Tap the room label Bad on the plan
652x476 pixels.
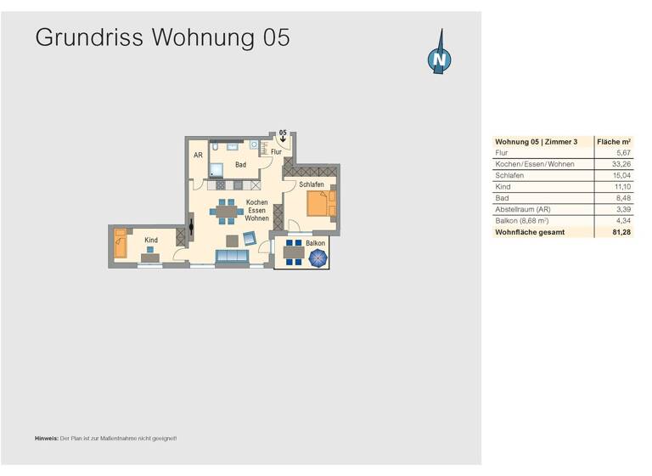pos(240,165)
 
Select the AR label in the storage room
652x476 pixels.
pos(198,156)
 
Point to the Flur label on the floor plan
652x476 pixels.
pos(276,152)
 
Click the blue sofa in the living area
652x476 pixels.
pos(232,258)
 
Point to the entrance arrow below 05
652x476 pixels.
pos(283,140)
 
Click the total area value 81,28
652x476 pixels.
pos(621,231)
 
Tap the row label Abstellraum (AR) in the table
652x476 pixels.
pos(520,208)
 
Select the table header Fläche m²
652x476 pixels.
pos(613,142)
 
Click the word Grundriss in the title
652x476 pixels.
pos(90,37)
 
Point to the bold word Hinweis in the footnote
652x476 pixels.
pos(47,439)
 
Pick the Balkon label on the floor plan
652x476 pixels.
pos(316,244)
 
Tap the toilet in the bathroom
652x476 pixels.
pos(216,150)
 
